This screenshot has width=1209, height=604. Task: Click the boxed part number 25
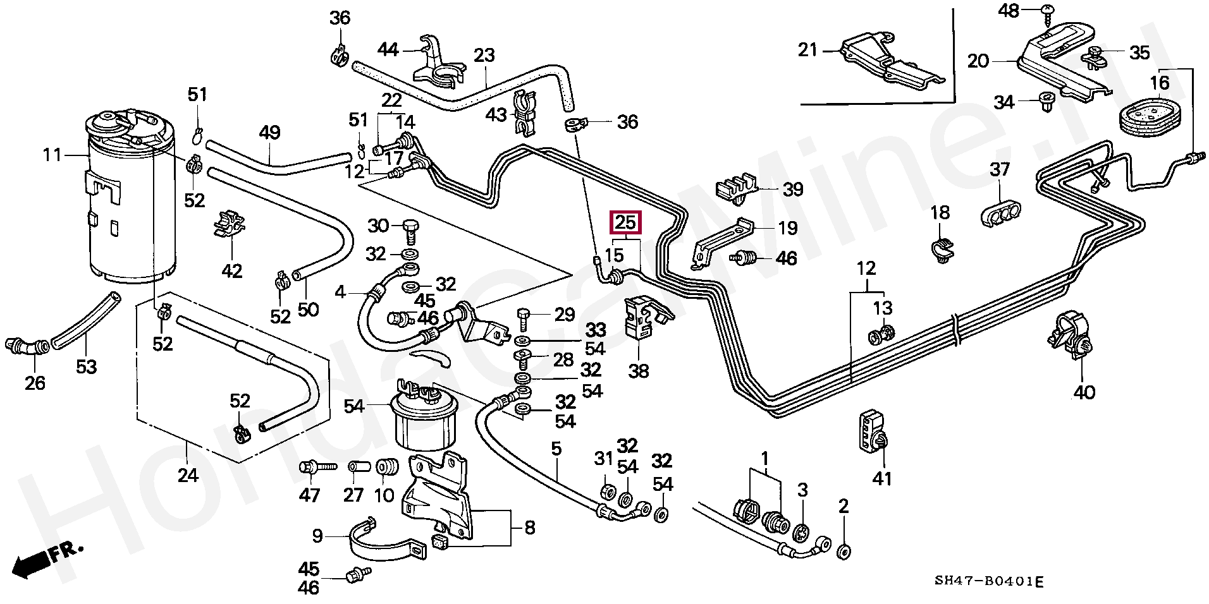[x=625, y=222]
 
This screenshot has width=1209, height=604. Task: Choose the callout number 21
[x=807, y=49]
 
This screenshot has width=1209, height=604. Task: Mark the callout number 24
[x=188, y=475]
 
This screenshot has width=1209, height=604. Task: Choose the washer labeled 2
[x=844, y=552]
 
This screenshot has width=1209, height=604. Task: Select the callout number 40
[x=1084, y=392]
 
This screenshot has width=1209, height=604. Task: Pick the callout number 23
[x=484, y=56]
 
